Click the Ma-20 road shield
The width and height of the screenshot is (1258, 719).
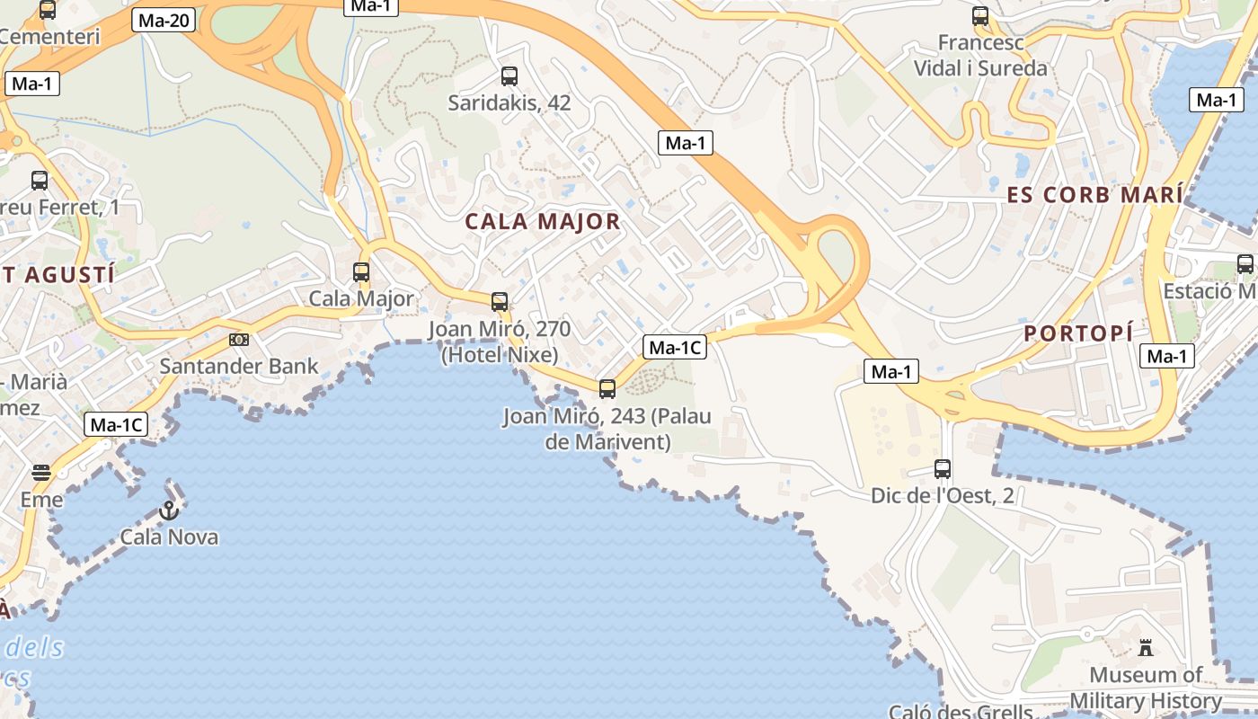click(x=164, y=20)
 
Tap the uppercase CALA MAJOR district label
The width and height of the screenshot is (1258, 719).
click(x=543, y=222)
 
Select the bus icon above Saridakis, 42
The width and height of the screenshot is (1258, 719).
click(x=509, y=76)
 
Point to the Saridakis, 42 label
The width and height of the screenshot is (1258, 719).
click(x=509, y=103)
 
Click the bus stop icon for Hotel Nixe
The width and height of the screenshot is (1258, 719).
click(x=500, y=302)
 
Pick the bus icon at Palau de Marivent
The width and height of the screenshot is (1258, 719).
click(x=607, y=388)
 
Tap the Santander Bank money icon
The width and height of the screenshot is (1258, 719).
click(x=238, y=340)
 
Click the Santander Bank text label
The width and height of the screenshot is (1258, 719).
click(x=239, y=366)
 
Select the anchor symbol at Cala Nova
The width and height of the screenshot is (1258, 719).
click(x=168, y=510)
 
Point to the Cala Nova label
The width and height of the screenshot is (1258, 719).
click(x=169, y=537)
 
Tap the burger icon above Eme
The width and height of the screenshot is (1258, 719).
click(x=41, y=473)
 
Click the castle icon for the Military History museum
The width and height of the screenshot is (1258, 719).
click(x=1146, y=647)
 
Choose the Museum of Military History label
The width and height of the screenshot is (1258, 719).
click(x=1146, y=688)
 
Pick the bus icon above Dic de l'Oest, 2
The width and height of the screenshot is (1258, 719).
click(x=943, y=468)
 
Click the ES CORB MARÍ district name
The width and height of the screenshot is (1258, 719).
click(x=1094, y=195)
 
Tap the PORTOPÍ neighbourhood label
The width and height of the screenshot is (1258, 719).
click(x=1078, y=333)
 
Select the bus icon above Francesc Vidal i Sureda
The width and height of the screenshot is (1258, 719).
click(x=980, y=16)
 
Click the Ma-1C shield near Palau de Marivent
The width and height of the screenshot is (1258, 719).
click(x=675, y=347)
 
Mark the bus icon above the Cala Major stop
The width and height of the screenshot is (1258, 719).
click(x=361, y=271)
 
